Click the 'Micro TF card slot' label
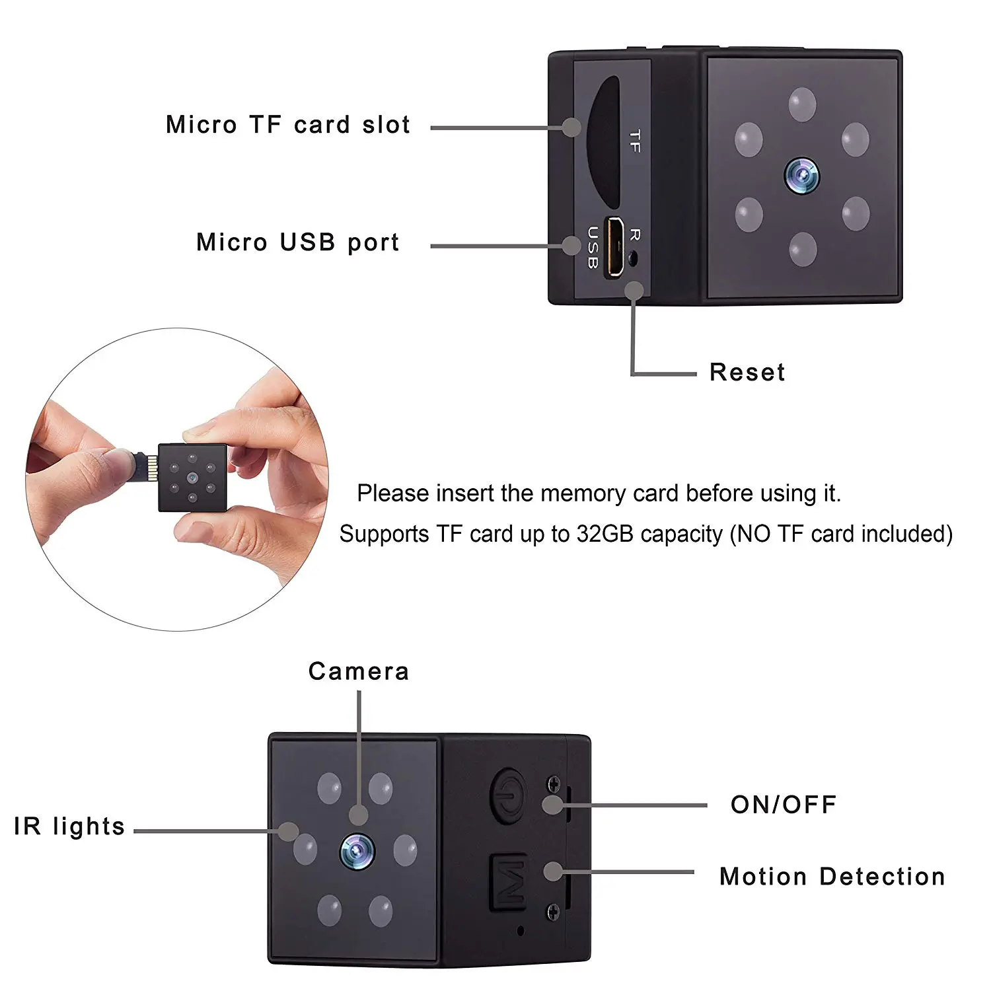288,124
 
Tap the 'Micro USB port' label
298,242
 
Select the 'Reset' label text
747,372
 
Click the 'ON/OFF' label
784,804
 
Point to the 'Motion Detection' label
832,877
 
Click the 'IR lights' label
69,826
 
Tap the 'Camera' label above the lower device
359,671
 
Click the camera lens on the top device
802,175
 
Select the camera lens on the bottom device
357,852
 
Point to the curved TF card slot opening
603,143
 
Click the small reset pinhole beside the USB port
634,258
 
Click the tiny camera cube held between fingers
192,477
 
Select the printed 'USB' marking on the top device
593,248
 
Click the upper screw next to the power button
554,785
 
